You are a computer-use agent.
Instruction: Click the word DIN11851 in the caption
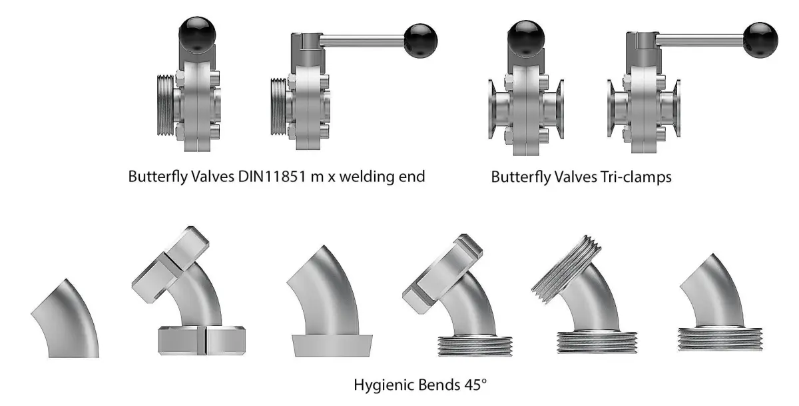point(266,177)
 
